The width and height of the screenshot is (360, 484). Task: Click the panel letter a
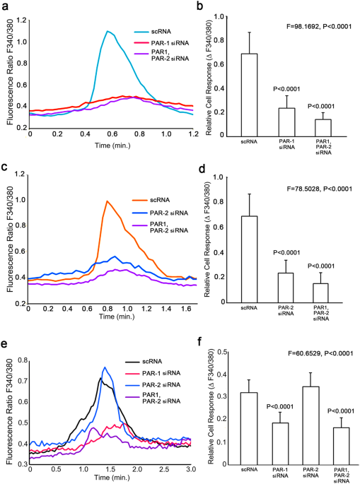tap(6, 6)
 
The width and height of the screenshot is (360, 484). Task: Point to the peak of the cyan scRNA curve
tap(107, 31)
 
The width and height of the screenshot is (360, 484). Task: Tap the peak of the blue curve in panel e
tap(105, 367)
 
